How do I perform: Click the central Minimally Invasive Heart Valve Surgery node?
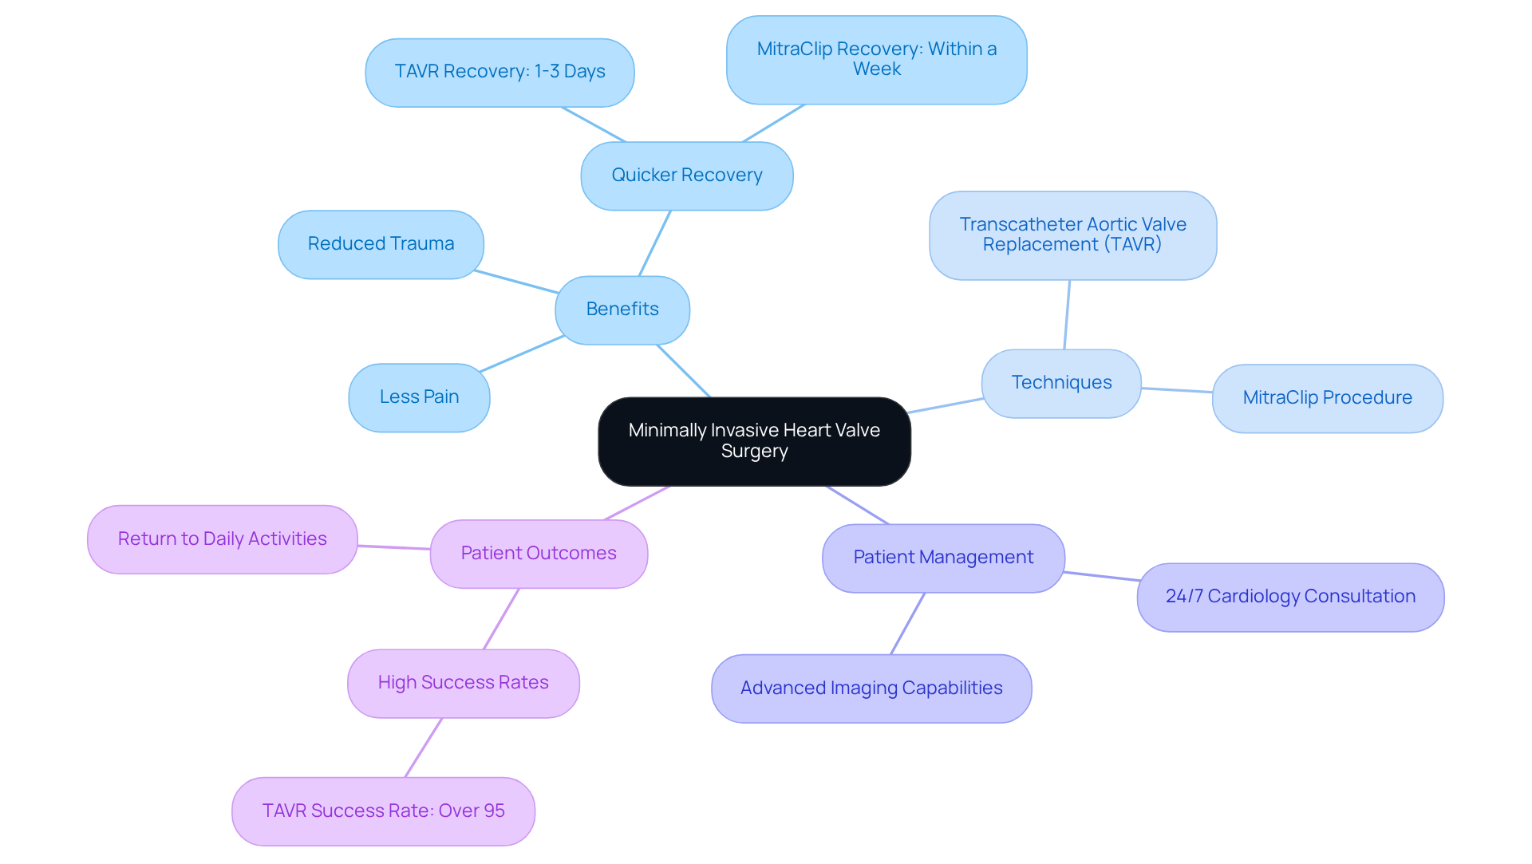coord(754,441)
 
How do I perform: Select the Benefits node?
coord(622,310)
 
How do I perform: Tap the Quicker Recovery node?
coord(686,176)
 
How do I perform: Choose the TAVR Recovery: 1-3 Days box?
coord(499,72)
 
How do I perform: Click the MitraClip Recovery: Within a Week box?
coord(876,60)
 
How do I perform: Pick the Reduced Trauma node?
coord(381,244)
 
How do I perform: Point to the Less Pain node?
coord(419,397)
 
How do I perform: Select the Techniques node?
coord(1061,383)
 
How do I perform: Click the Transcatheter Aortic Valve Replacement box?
coord(1072,235)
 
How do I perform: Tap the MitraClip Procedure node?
coord(1327,398)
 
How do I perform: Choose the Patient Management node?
coord(943,558)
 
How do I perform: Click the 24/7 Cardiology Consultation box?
coord(1290,597)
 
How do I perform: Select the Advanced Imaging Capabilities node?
coord(871,688)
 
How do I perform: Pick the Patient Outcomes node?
coord(539,554)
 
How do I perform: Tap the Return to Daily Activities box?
coord(222,539)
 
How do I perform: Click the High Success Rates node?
coord(463,683)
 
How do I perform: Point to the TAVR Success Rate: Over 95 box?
coord(383,811)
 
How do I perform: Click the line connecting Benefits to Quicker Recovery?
coord(655,243)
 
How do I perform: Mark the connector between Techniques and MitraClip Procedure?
coord(1177,390)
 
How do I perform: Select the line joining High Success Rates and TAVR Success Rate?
coord(424,748)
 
